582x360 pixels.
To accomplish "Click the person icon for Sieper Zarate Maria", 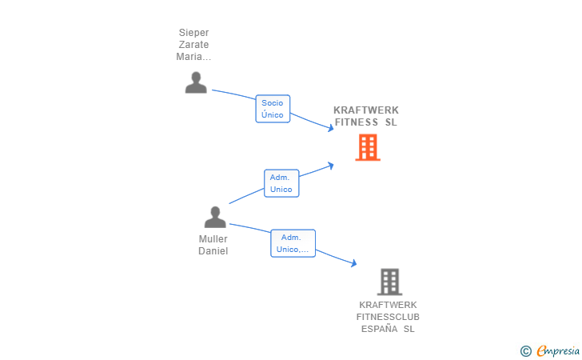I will (x=196, y=82).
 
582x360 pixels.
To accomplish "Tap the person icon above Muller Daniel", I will (x=215, y=217).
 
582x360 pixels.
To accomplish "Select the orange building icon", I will (x=368, y=147).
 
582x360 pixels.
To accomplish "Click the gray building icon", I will (x=389, y=282).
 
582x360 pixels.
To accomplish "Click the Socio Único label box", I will (x=273, y=109).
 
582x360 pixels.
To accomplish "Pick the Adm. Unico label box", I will (x=281, y=183).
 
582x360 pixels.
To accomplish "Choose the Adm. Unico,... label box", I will (x=293, y=243).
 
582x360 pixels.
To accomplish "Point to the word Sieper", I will (x=193, y=33).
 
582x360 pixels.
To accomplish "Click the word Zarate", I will (x=193, y=45).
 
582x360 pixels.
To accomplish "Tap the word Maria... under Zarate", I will (x=193, y=57).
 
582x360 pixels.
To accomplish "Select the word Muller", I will (x=213, y=239).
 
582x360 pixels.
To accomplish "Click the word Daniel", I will (x=213, y=251).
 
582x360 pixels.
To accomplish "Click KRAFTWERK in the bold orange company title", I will (x=366, y=110).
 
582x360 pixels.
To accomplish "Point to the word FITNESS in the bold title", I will (x=357, y=122).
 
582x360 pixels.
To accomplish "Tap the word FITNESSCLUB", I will (x=389, y=317).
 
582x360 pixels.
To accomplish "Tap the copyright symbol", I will (x=525, y=350).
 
